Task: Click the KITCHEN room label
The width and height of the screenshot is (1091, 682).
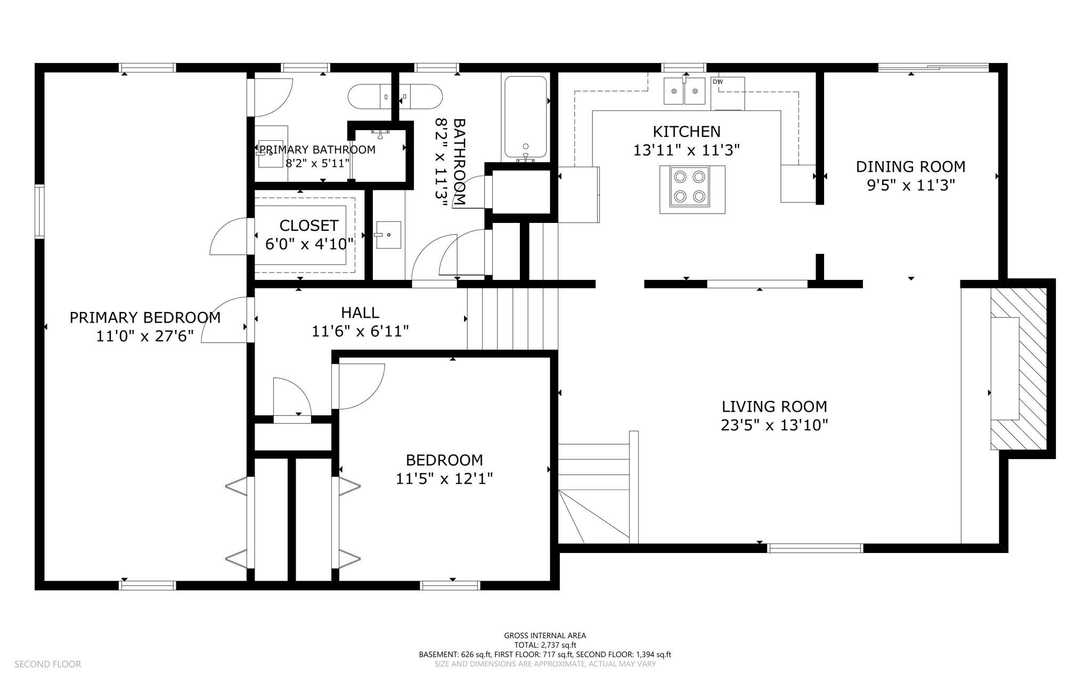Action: tap(686, 132)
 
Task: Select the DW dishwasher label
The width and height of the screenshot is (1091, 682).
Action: tap(718, 82)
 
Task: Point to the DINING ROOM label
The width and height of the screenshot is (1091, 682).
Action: tap(910, 167)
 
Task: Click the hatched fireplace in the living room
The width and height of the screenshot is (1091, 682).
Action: tap(1018, 368)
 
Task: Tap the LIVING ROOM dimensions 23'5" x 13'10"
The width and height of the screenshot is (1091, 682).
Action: tap(774, 426)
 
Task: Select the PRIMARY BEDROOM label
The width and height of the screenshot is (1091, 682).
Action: tap(145, 318)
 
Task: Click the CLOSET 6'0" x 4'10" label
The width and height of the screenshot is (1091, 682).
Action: tap(309, 235)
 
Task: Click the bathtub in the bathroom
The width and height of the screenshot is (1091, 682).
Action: tap(525, 117)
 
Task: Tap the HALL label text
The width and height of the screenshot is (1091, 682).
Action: tap(360, 312)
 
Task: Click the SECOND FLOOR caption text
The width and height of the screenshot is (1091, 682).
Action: tap(47, 664)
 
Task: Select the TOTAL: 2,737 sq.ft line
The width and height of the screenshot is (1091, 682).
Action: tap(545, 645)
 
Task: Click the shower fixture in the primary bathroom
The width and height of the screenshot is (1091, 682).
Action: tap(380, 131)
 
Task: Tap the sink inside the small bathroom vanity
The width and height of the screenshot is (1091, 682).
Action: tap(388, 235)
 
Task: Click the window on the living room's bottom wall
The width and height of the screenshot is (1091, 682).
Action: tap(815, 548)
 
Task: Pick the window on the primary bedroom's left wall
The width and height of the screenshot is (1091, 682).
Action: tap(39, 211)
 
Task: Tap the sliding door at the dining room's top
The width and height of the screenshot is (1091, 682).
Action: tap(933, 67)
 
